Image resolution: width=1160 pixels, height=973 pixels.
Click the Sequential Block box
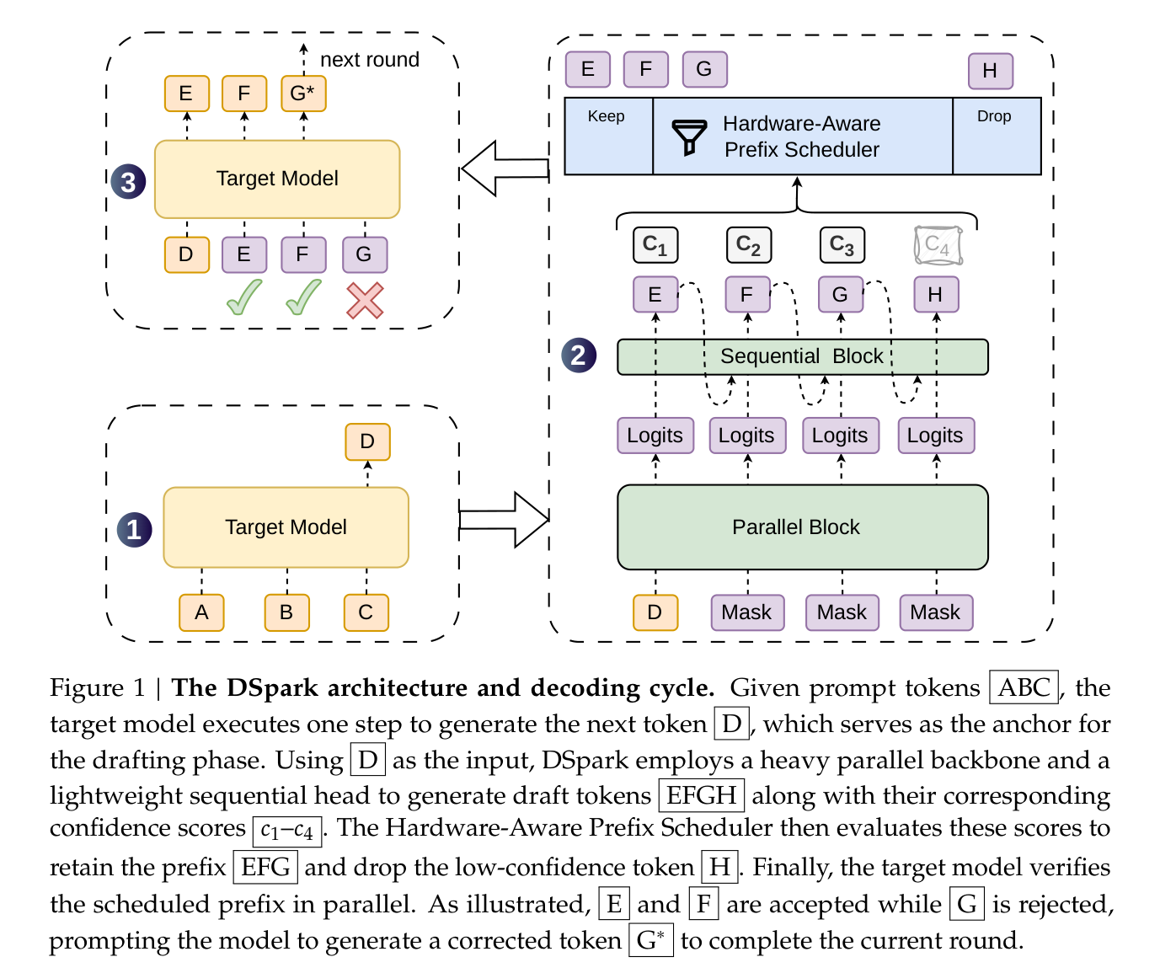click(802, 356)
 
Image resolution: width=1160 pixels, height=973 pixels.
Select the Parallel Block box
click(802, 527)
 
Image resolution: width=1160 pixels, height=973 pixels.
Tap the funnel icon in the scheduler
click(689, 137)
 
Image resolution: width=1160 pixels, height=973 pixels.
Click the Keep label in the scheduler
click(606, 116)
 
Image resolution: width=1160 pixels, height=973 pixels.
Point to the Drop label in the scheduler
click(994, 116)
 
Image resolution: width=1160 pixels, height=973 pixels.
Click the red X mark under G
click(365, 301)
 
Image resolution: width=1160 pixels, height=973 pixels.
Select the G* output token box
click(303, 94)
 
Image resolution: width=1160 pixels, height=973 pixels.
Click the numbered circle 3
click(128, 182)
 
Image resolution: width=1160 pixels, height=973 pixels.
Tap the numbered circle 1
click(135, 530)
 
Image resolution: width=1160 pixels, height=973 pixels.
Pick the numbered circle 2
click(579, 355)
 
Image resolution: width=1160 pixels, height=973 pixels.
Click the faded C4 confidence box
click(938, 245)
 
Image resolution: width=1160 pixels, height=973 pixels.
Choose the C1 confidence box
click(655, 244)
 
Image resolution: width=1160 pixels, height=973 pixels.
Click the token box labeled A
click(201, 612)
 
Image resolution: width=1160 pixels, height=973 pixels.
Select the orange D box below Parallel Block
click(655, 612)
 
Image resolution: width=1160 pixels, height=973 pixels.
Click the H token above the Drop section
click(991, 71)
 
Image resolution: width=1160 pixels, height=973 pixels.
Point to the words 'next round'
click(370, 60)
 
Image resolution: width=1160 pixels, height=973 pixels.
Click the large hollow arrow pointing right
click(504, 520)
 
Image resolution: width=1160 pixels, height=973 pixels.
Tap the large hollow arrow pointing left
click(505, 168)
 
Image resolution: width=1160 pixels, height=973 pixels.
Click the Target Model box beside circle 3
click(277, 179)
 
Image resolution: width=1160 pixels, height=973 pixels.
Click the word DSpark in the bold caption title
click(272, 689)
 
